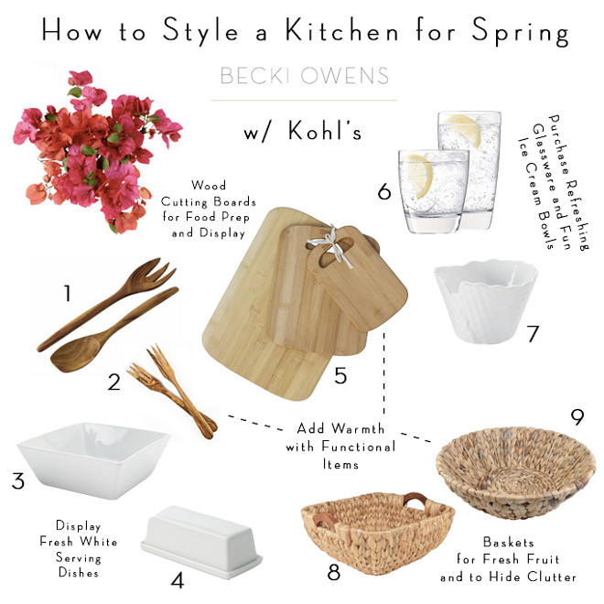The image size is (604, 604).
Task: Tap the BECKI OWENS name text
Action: (x=305, y=75)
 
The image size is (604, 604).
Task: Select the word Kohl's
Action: (x=325, y=130)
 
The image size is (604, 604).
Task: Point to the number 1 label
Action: (x=68, y=293)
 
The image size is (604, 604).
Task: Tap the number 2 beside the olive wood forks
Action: (x=113, y=383)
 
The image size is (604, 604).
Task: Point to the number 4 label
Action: (x=178, y=580)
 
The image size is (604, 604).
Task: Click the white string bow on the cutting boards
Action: (x=331, y=246)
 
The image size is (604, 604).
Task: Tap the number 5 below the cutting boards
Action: (x=340, y=375)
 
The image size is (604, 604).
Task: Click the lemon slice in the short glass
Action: (x=420, y=176)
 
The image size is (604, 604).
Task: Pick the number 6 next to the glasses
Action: (x=384, y=191)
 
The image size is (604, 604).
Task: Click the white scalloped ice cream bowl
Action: (x=486, y=301)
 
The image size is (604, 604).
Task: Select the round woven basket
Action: (x=515, y=472)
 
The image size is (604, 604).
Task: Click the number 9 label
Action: (x=577, y=416)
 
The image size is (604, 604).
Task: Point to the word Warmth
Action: (x=358, y=428)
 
